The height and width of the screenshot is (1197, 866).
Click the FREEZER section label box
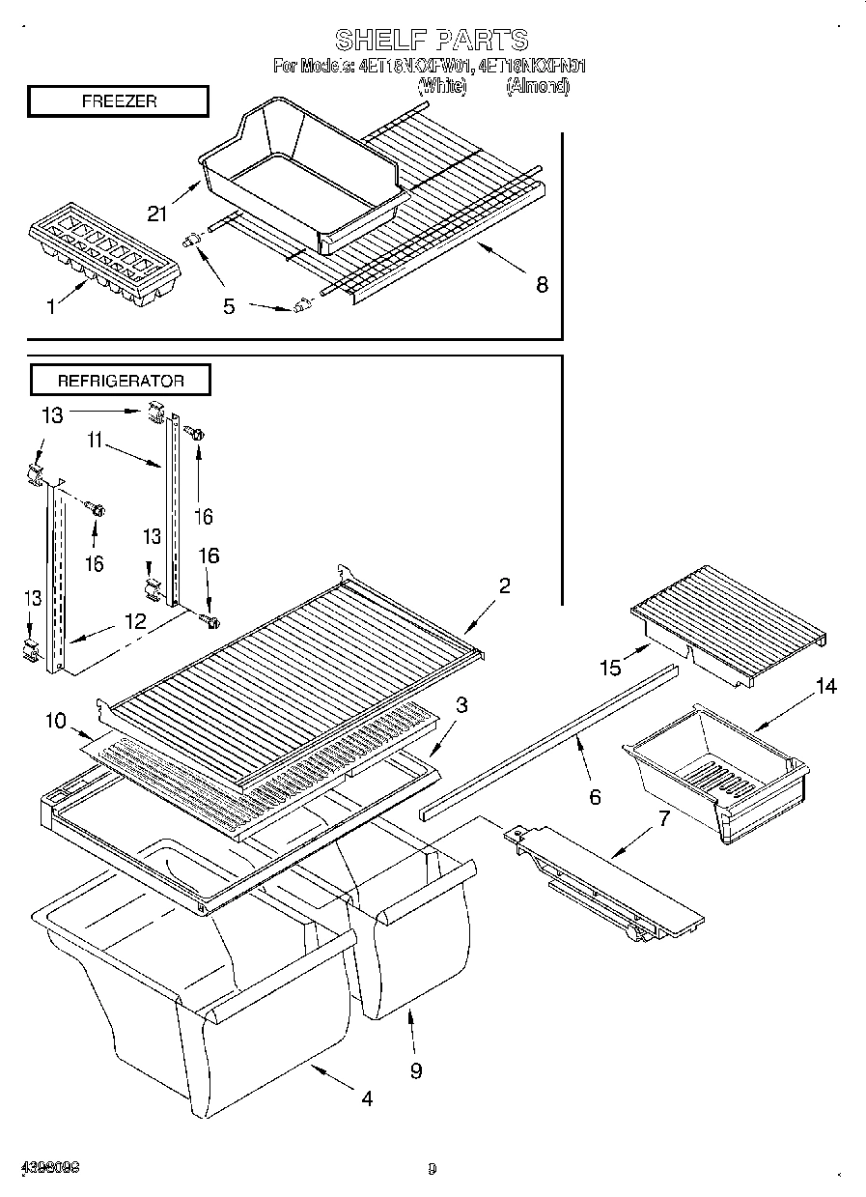[118, 101]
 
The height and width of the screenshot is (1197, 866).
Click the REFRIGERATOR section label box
[120, 380]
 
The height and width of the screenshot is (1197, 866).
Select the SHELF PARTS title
[432, 40]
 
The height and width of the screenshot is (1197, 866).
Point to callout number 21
[158, 214]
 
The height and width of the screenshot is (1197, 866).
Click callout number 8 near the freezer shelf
[542, 284]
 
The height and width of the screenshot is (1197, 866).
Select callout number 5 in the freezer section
[228, 306]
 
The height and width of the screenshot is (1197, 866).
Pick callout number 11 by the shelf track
[94, 442]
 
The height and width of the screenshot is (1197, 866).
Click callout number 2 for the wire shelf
[504, 585]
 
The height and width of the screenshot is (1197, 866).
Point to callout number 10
[56, 721]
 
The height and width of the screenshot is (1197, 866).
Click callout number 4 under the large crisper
[366, 1098]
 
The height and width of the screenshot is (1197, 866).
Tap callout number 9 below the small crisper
[415, 1070]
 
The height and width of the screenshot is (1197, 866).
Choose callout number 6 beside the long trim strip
[595, 796]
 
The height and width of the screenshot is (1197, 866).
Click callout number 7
[662, 819]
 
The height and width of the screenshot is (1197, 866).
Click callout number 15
[609, 667]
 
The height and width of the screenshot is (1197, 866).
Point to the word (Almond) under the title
[537, 86]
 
